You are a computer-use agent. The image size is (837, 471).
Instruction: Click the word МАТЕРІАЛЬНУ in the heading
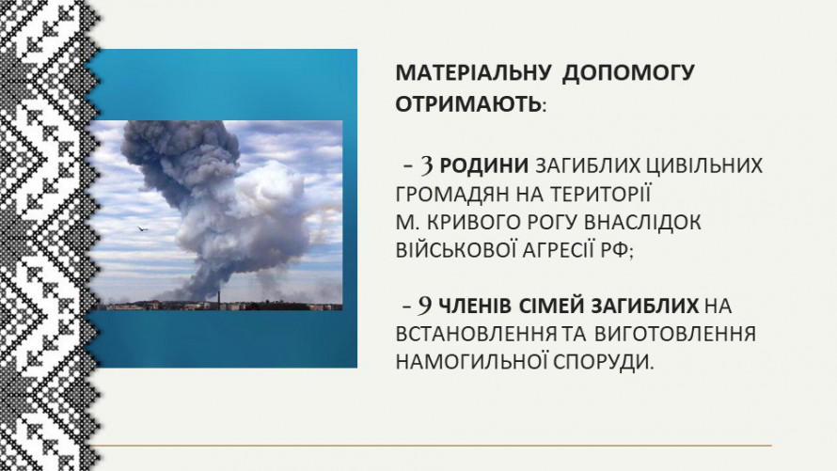[x=472, y=72]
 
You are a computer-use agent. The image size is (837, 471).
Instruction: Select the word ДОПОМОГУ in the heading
[x=628, y=72]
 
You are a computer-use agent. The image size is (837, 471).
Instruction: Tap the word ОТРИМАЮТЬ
[x=468, y=104]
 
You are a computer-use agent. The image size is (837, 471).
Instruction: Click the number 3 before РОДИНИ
[x=427, y=165]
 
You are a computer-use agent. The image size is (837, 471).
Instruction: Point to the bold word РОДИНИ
[x=483, y=165]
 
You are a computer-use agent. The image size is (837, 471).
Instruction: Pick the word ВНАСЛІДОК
[x=642, y=222]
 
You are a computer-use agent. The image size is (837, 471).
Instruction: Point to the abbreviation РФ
[x=615, y=250]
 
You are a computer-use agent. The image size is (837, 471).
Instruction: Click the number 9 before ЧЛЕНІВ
[x=425, y=306]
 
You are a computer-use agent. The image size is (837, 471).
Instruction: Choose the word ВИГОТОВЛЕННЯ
[x=674, y=334]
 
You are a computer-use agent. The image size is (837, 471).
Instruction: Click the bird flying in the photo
[x=141, y=228]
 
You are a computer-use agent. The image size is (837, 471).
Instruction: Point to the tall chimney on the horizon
[x=218, y=300]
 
